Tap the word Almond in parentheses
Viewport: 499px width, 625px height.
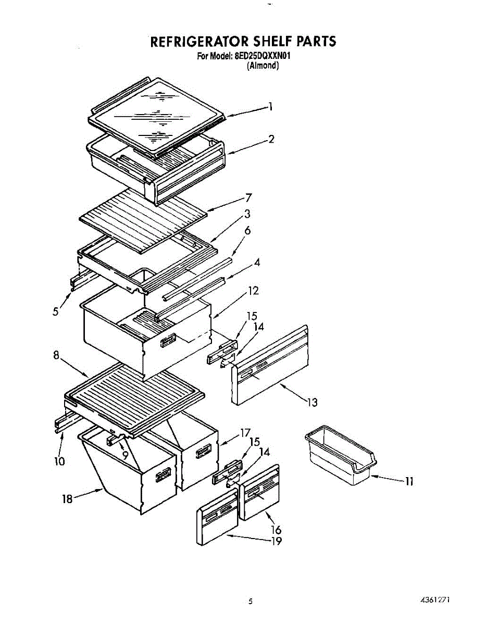click(263, 66)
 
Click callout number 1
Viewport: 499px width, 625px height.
click(270, 107)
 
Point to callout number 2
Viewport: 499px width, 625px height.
click(271, 139)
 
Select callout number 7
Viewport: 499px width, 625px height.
click(248, 197)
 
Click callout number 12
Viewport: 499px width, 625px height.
click(253, 291)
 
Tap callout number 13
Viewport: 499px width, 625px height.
click(311, 402)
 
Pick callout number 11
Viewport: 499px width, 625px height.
click(409, 482)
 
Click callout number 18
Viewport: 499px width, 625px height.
click(67, 498)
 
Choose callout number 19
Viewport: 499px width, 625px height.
click(276, 541)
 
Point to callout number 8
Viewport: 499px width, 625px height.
click(56, 355)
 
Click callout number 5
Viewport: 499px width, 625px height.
click(56, 311)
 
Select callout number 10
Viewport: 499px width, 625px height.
click(60, 461)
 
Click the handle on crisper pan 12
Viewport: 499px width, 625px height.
click(168, 341)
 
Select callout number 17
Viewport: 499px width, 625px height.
click(245, 432)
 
